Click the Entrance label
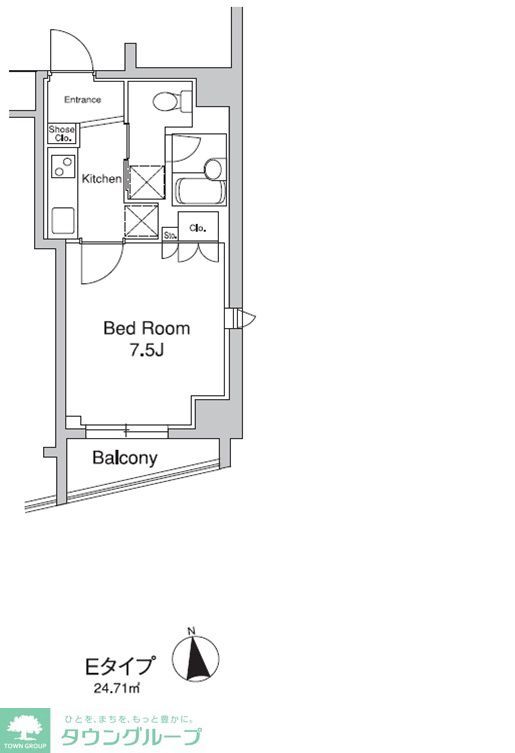pos(83,100)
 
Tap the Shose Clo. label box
pos(63,134)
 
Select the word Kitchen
pos(101,179)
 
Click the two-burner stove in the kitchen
pos(63,167)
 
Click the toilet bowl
pos(164,101)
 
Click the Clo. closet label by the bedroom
pos(198,228)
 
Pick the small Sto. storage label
pos(170,236)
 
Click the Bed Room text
pos(147,328)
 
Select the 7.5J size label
pos(147,350)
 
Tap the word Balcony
pos(125,458)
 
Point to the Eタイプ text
pos(119,665)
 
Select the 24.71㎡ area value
pos(118,689)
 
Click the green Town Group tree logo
pos(25,729)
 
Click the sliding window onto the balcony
pos(127,432)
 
